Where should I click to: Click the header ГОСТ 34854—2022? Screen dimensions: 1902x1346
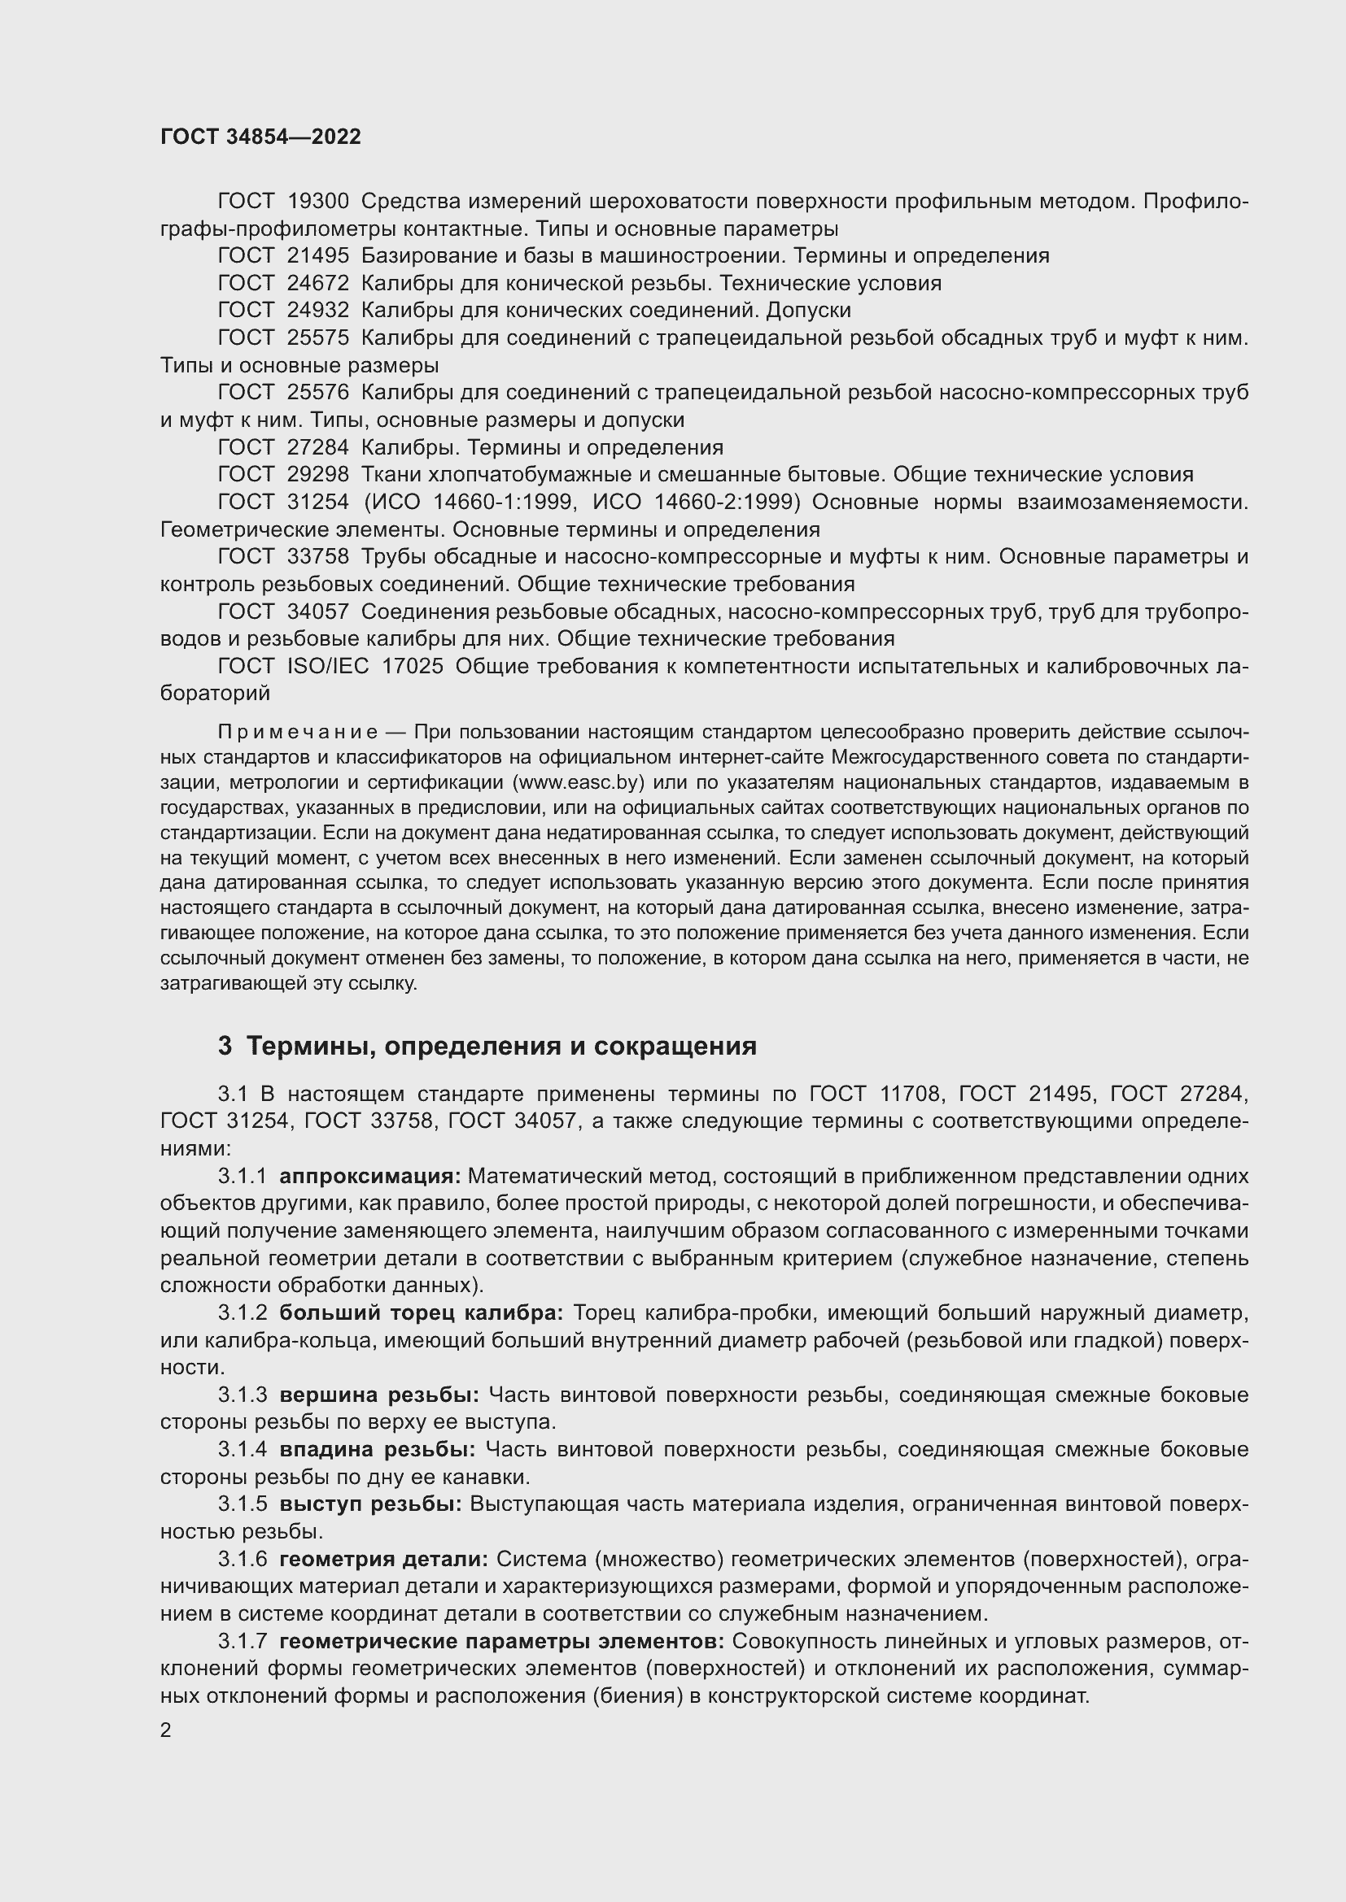[x=260, y=137]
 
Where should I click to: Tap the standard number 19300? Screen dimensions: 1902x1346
[x=317, y=202]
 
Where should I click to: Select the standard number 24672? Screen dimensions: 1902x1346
[x=317, y=283]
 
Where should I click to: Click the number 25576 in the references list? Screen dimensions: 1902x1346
[x=317, y=393]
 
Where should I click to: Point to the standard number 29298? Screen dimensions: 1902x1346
[x=317, y=475]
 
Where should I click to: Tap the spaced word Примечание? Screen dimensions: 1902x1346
[x=298, y=733]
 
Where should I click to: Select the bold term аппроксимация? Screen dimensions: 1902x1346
[x=369, y=1177]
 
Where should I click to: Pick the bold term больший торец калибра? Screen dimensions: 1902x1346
[x=421, y=1313]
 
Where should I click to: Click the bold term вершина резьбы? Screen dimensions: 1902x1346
[x=378, y=1395]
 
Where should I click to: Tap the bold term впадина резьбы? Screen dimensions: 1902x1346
[x=377, y=1450]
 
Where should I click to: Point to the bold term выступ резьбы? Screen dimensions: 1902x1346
[x=370, y=1504]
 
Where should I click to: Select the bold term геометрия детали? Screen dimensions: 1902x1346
[x=384, y=1559]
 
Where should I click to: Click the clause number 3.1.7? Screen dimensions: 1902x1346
[x=243, y=1641]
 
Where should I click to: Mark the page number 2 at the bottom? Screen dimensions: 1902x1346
[x=166, y=1730]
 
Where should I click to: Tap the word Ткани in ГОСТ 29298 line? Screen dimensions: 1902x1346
[x=390, y=475]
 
